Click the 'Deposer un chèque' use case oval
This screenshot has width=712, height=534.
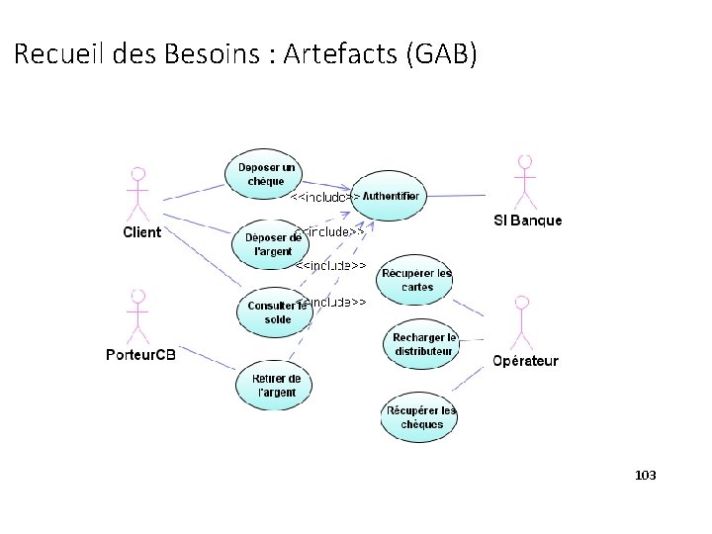[x=266, y=174]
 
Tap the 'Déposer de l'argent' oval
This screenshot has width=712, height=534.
[x=267, y=243]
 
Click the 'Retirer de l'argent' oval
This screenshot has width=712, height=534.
[x=275, y=385]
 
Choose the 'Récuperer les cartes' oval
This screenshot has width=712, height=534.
[x=417, y=280]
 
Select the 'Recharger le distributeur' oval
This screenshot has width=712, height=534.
[x=422, y=343]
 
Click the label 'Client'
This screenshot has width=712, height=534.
[x=141, y=233]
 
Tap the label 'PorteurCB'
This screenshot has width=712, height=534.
[x=140, y=355]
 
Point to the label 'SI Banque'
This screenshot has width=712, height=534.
[x=527, y=221]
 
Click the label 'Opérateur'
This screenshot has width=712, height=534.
[x=525, y=361]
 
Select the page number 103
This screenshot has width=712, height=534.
[x=645, y=477]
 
